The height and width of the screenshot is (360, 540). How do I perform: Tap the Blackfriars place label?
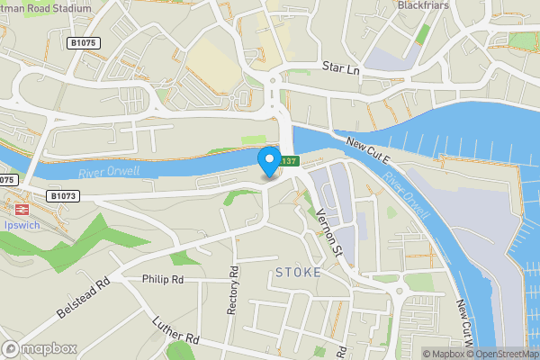coord(423,5)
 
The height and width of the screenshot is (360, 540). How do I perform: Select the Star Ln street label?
coord(341,67)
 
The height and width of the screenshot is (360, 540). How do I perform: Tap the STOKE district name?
coord(298,271)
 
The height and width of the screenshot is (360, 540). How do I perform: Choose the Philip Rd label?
coord(162,279)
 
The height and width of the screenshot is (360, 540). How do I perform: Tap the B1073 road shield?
coord(63,195)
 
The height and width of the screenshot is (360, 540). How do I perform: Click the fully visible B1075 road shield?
coord(83,42)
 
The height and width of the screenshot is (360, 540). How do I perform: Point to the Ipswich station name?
coord(20,225)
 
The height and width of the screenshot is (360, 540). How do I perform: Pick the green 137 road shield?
coord(288,161)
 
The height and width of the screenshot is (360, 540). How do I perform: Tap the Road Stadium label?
coord(47,8)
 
